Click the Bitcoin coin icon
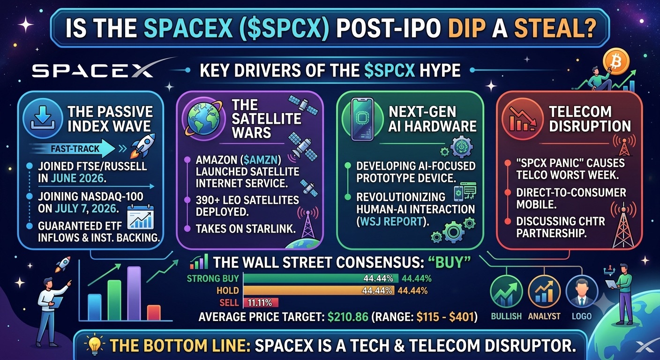click(616, 61)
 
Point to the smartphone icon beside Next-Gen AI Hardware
click(362, 119)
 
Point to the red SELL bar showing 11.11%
click(261, 302)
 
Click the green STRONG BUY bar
click(321, 278)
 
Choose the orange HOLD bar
click(319, 291)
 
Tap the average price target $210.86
click(348, 317)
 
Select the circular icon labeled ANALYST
click(544, 292)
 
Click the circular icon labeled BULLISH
click(506, 292)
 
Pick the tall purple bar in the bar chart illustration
click(134, 293)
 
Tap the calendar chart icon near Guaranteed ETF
click(141, 217)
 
